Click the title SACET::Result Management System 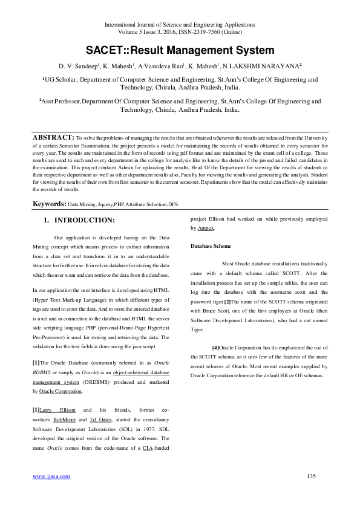(180, 51)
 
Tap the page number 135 (312, 476)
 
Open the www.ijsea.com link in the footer (51, 476)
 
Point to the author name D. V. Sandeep (78, 65)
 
